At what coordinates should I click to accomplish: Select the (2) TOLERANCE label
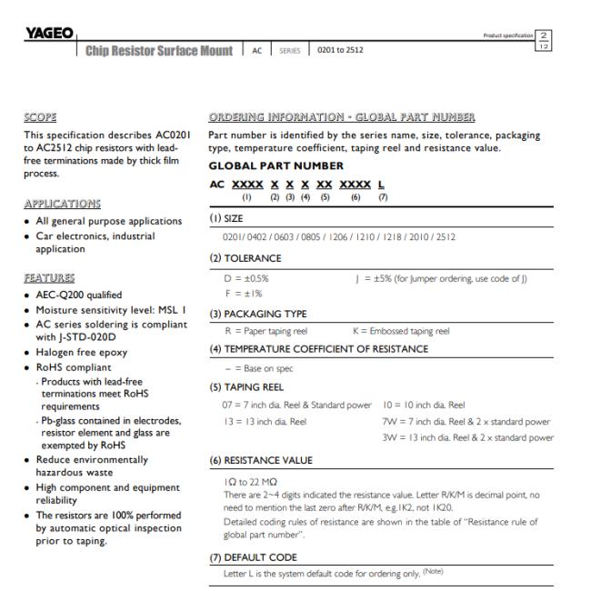click(x=245, y=258)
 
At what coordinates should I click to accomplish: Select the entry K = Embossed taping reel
click(x=399, y=332)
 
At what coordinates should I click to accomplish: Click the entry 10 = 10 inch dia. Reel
click(x=426, y=404)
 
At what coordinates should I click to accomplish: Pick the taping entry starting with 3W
click(x=467, y=437)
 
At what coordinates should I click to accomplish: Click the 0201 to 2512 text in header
click(x=339, y=49)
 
